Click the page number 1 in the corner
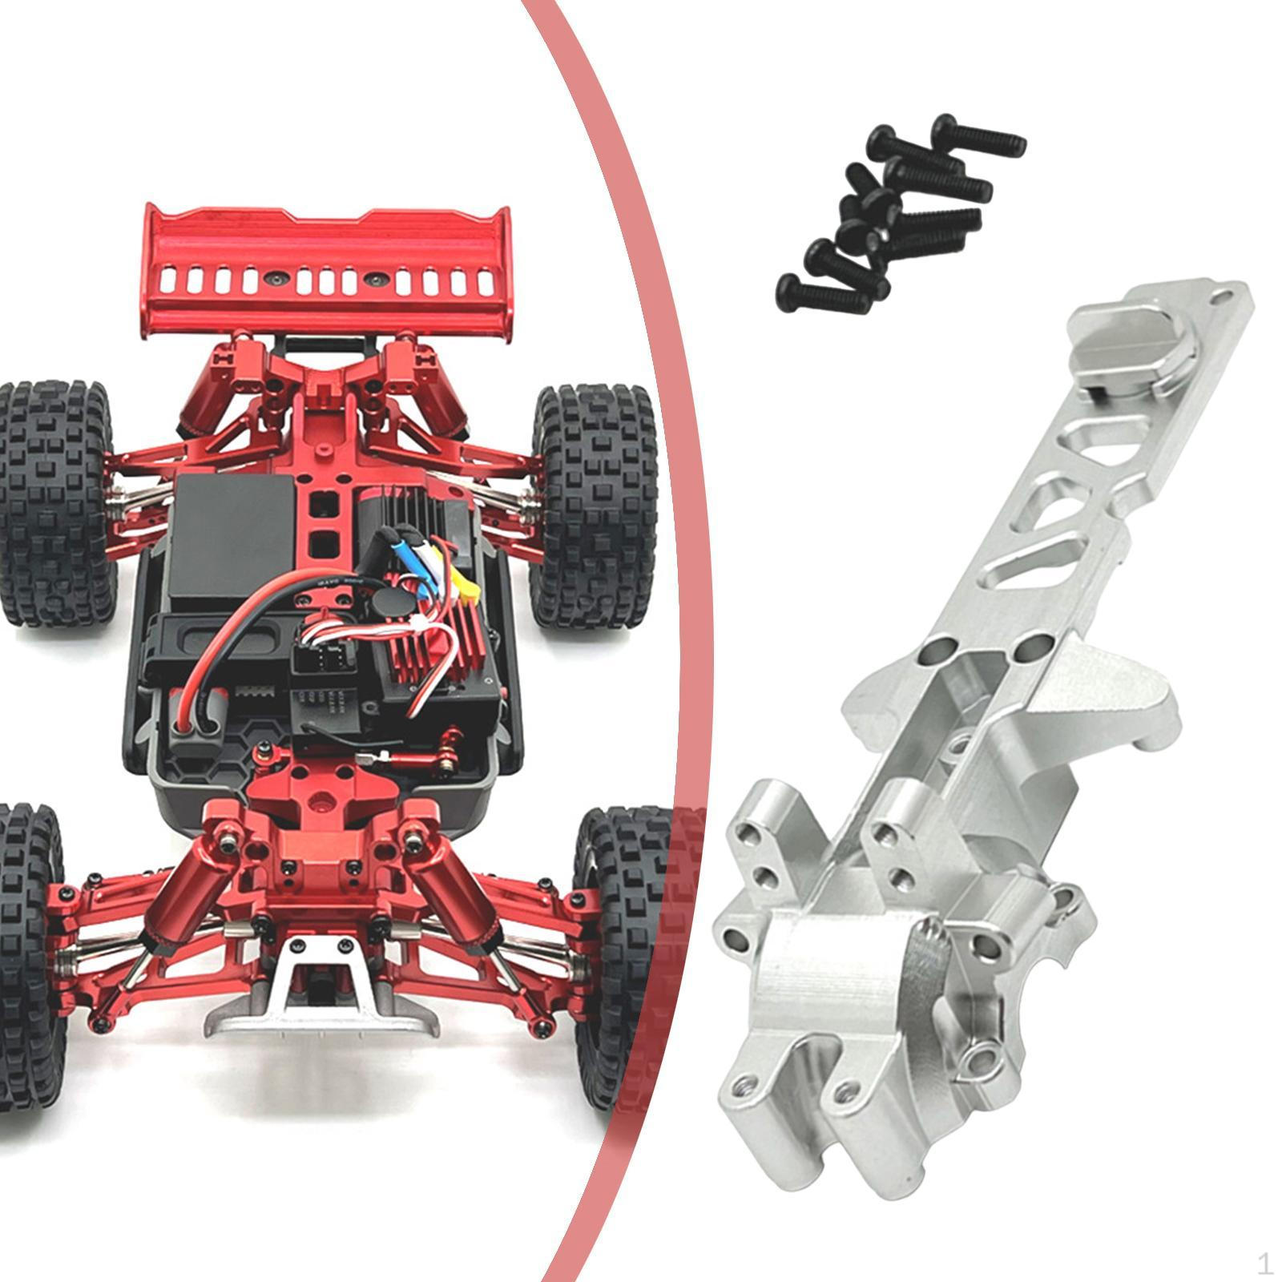(x=1264, y=1264)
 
